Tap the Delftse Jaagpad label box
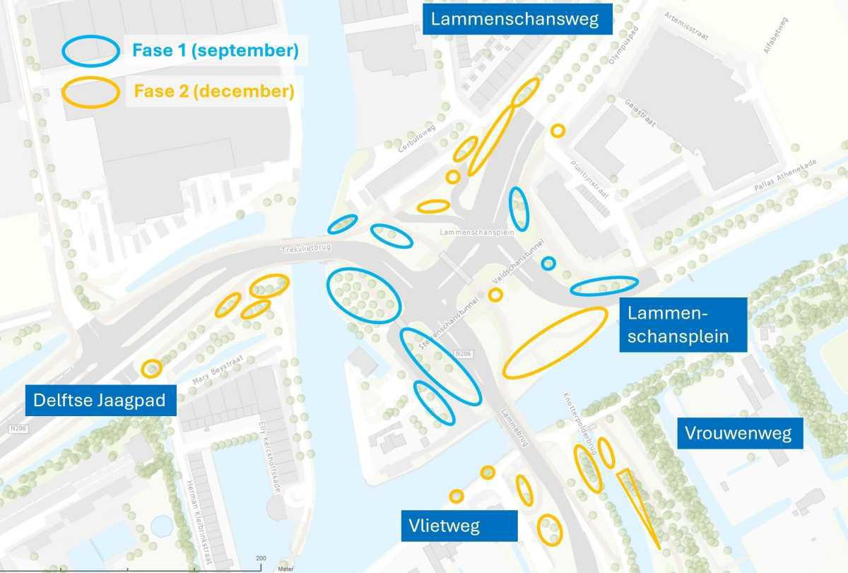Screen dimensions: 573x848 (x=100, y=401)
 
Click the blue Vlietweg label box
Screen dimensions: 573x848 (x=444, y=526)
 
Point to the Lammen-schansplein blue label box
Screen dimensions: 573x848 (x=683, y=324)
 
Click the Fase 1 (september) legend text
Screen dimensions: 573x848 (x=215, y=51)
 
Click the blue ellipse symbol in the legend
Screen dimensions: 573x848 (x=90, y=51)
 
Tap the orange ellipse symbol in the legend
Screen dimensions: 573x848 (x=90, y=93)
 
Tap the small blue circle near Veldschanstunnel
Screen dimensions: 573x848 (x=548, y=264)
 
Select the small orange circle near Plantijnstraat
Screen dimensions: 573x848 (x=558, y=131)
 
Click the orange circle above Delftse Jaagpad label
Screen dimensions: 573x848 (x=151, y=368)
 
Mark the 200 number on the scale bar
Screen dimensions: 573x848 (x=261, y=558)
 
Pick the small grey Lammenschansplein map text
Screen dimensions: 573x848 (x=466, y=232)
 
